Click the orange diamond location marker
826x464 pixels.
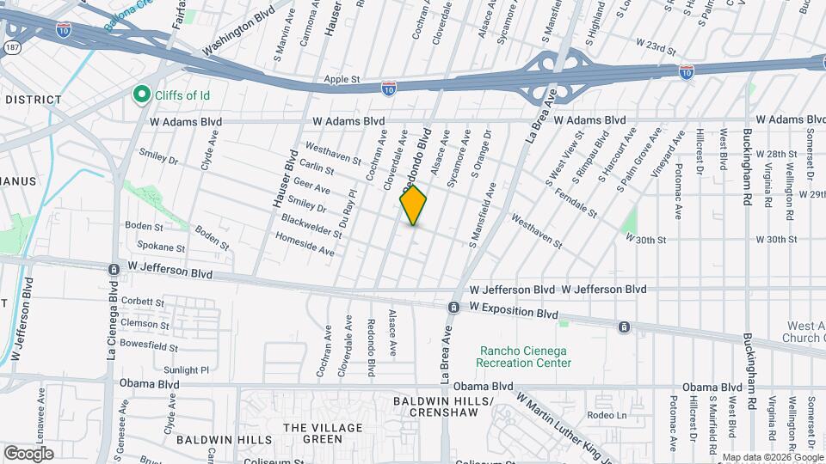(x=413, y=205)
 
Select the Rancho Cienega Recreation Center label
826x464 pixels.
(x=525, y=357)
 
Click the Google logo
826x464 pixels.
(x=28, y=453)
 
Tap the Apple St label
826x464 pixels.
(x=342, y=79)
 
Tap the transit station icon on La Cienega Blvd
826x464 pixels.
(x=114, y=269)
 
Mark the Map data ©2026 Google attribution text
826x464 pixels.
(x=773, y=457)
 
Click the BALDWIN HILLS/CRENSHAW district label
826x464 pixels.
(x=442, y=407)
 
